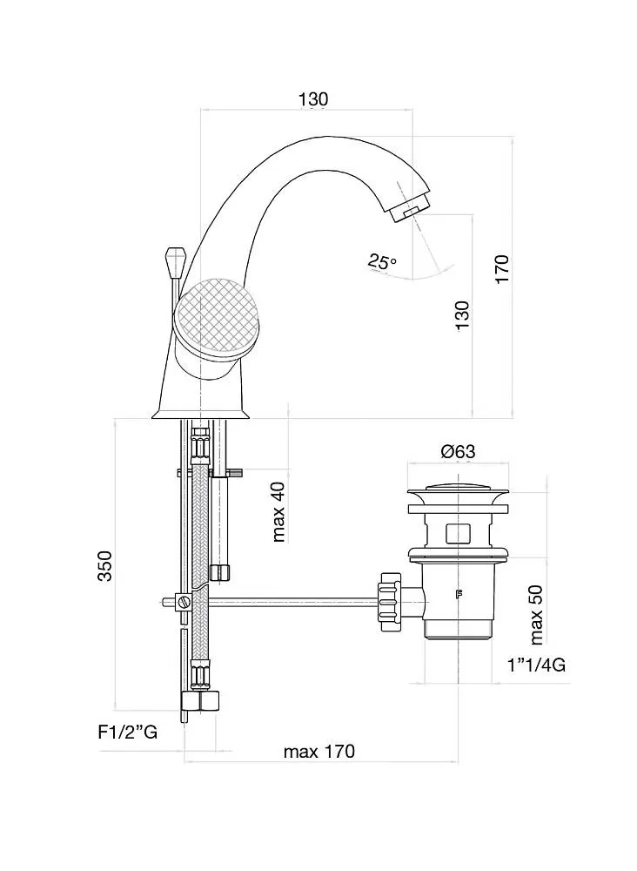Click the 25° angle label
click(381, 261)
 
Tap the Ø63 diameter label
click(458, 451)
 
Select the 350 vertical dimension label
click(105, 567)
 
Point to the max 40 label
click(279, 510)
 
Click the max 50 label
click(537, 612)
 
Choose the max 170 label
click(319, 752)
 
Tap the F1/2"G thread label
click(127, 733)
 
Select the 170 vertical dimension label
click(503, 269)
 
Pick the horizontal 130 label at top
click(313, 99)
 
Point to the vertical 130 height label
click(462, 315)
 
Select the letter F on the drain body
click(459, 596)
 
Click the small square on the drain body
click(457, 533)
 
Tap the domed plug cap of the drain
click(458, 488)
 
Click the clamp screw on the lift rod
click(184, 601)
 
